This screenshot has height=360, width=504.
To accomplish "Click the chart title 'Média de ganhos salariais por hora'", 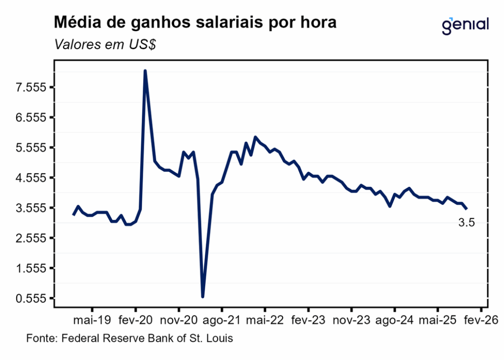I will coord(195,23).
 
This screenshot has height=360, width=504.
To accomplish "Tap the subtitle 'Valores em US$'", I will coord(105,45).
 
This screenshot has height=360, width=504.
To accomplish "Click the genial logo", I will coord(465,25).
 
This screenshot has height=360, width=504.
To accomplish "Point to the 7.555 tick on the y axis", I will coord(31,88).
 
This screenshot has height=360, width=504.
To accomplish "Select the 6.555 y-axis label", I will coord(31,118).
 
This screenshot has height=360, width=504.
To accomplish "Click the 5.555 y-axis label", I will coord(31,148).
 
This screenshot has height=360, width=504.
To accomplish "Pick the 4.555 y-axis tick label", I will coord(31,178).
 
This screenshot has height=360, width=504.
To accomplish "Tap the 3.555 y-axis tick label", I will coord(31,208).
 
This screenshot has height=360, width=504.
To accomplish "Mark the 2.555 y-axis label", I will coord(31,238).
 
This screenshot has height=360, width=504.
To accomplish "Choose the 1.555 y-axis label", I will coord(31,268).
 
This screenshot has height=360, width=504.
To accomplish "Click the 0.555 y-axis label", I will coord(31,298).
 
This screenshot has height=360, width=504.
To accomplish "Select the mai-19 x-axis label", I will coord(92,321).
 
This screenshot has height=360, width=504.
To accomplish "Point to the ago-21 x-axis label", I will coord(221,321).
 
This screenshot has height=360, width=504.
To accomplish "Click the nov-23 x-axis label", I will coord(351,321).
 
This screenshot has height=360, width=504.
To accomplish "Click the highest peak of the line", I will coord(145,71).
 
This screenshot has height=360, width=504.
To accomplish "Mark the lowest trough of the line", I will coord(203,296).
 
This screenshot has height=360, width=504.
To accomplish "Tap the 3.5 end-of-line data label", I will coord(466,223).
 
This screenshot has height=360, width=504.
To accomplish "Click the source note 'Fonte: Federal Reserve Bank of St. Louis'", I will coord(129,339).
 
